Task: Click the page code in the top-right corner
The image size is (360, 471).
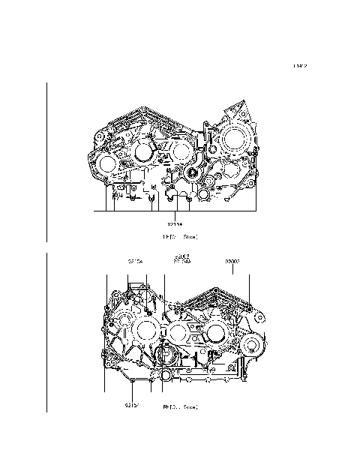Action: [300, 66]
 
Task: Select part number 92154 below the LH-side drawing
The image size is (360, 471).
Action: [174, 223]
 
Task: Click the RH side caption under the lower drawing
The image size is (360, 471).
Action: [180, 407]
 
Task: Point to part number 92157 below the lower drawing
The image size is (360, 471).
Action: [133, 406]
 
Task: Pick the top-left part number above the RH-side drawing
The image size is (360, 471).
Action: [135, 262]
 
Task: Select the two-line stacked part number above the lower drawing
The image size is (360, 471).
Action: [181, 261]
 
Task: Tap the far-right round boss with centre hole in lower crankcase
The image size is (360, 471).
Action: [251, 346]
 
